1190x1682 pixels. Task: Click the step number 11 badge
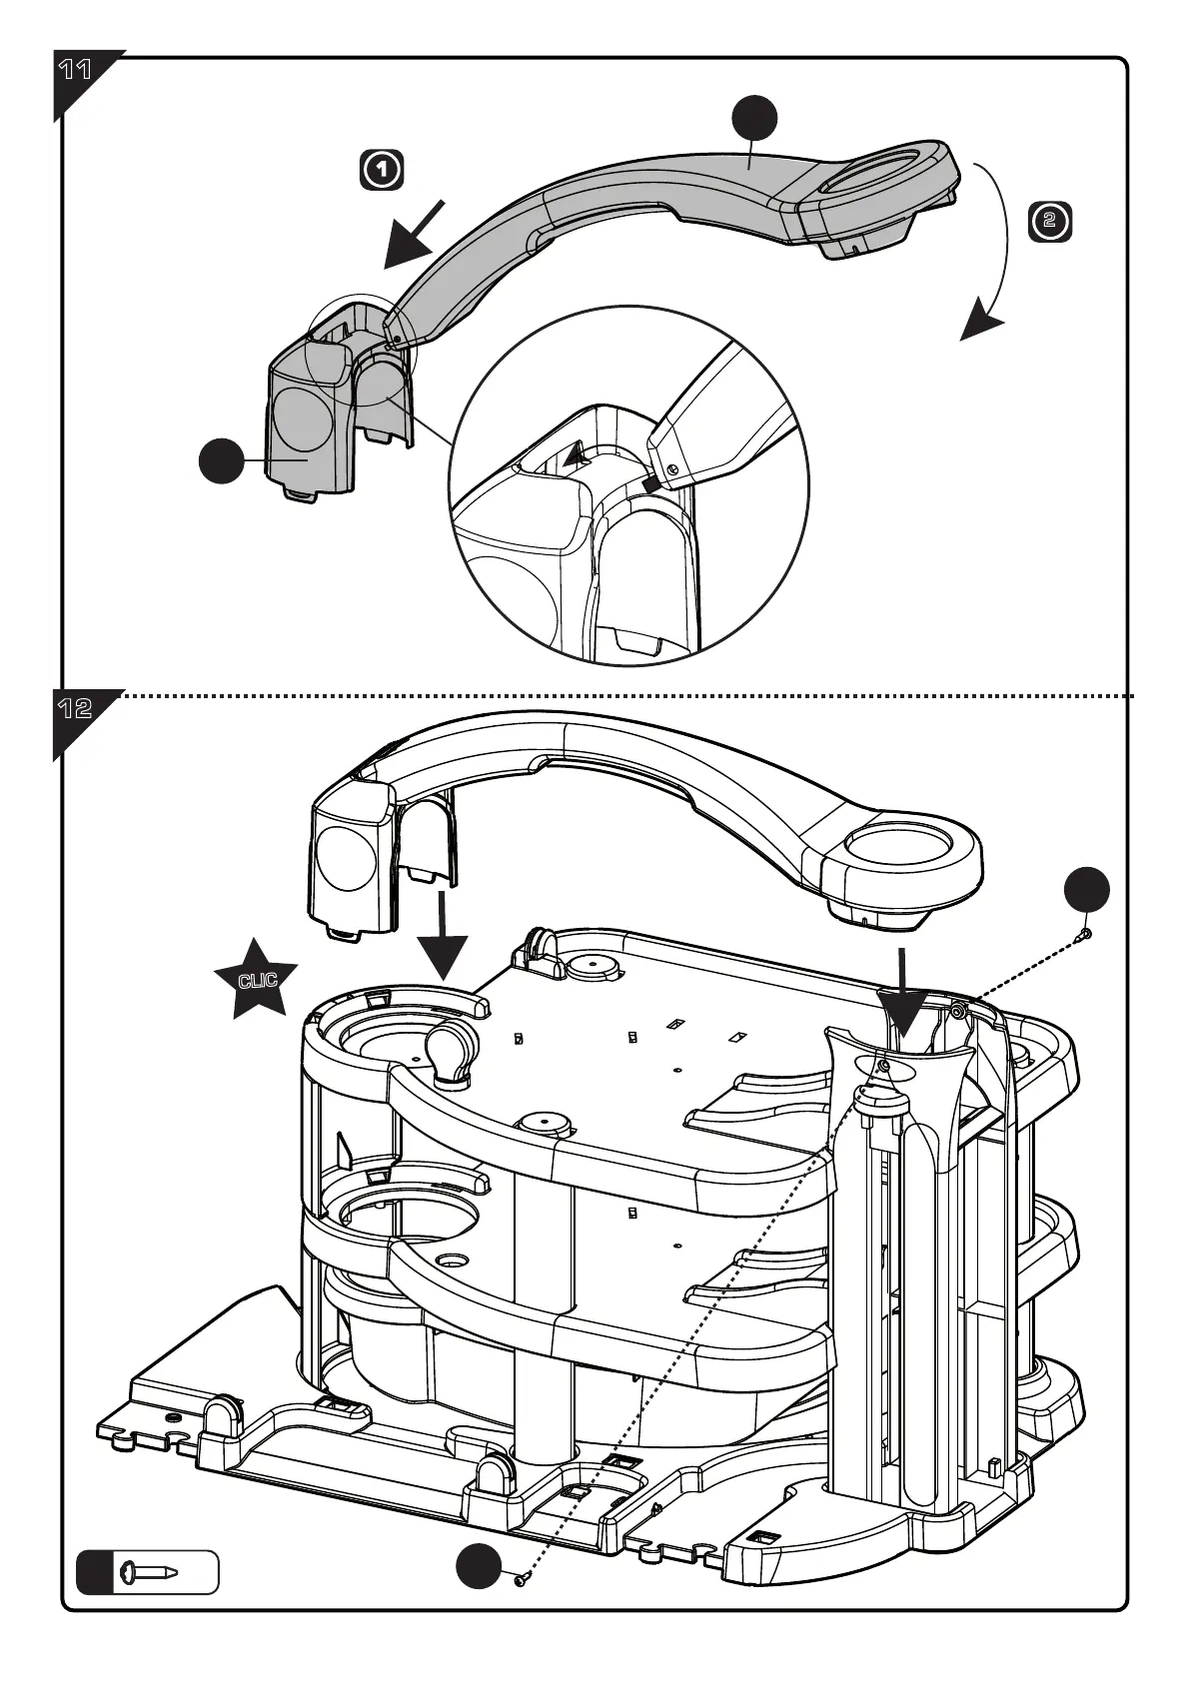tap(76, 71)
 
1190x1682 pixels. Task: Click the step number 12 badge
tap(76, 708)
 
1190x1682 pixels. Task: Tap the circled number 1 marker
tap(382, 170)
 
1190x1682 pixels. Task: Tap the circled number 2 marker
tap(1049, 221)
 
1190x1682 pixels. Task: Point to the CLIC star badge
tap(257, 979)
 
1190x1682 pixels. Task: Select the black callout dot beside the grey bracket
tap(221, 460)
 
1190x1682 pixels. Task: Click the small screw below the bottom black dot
tap(520, 1580)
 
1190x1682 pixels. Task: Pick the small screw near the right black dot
tap(1086, 934)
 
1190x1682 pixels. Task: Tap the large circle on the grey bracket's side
tap(304, 418)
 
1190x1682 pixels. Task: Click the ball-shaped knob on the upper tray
tap(451, 1048)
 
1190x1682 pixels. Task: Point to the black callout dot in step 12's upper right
tap(1086, 890)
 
